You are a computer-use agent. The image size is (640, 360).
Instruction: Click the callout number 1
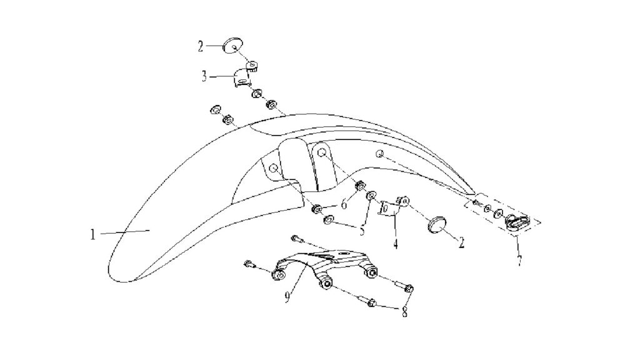[93, 234]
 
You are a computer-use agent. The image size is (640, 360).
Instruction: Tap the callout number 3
[204, 76]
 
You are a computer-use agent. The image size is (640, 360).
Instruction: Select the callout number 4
[395, 244]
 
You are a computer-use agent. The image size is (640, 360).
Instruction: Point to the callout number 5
[362, 231]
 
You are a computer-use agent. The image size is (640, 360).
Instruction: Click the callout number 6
[344, 204]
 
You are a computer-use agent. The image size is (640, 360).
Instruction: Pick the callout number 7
[519, 261]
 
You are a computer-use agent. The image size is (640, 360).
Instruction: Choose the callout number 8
[404, 312]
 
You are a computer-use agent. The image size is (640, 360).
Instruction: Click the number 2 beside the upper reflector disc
[201, 46]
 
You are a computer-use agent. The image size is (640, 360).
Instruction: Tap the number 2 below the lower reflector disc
[462, 242]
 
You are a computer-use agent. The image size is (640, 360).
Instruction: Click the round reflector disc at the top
[233, 45]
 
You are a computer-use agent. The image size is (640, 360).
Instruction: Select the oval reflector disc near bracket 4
[437, 224]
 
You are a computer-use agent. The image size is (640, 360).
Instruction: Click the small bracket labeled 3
[244, 75]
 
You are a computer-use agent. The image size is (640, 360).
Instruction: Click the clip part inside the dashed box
[517, 223]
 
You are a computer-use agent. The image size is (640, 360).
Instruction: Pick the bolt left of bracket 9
[249, 264]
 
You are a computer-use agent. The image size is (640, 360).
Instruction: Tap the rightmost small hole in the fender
[379, 154]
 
